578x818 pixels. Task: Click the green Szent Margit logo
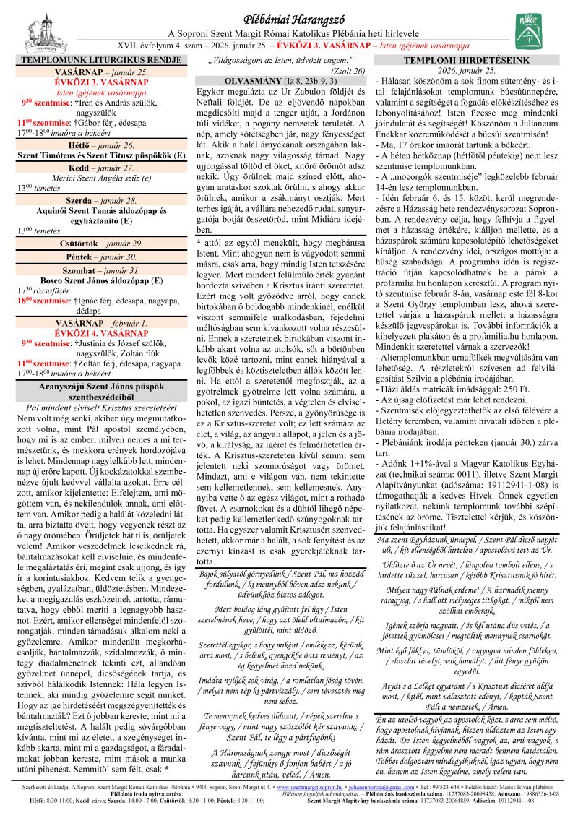point(530,30)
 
